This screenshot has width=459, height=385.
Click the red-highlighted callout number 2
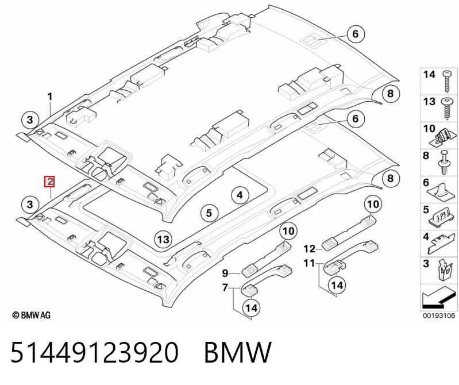pyautogui.click(x=50, y=182)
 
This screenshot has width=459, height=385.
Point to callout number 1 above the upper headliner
pyautogui.click(x=50, y=97)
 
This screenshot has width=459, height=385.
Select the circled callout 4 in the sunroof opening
pyautogui.click(x=240, y=195)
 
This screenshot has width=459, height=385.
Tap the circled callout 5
pyautogui.click(x=209, y=213)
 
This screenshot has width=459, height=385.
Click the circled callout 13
pyautogui.click(x=163, y=240)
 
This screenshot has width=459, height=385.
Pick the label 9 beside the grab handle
pyautogui.click(x=225, y=273)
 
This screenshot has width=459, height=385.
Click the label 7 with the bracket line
pyautogui.click(x=225, y=287)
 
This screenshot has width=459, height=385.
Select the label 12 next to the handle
pyautogui.click(x=310, y=249)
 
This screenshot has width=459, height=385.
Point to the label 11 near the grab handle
pyautogui.click(x=310, y=263)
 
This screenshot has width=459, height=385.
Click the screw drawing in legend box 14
pyautogui.click(x=448, y=81)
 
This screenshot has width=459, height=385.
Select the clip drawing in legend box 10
pyautogui.click(x=444, y=137)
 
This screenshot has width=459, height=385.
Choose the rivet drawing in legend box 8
pyautogui.click(x=444, y=162)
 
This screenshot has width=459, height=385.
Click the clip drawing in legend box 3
pyautogui.click(x=445, y=271)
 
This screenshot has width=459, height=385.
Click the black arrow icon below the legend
pyautogui.click(x=438, y=298)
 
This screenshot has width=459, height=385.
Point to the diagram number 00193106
pyautogui.click(x=439, y=315)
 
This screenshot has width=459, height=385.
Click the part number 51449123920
pyautogui.click(x=95, y=352)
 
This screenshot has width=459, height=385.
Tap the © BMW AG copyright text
pyautogui.click(x=32, y=315)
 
